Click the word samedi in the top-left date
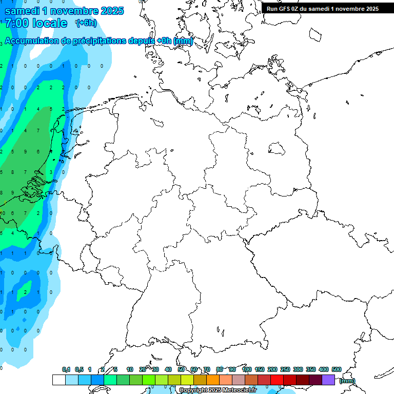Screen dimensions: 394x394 22,11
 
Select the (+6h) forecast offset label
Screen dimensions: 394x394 86,23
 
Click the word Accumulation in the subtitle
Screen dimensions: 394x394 31,41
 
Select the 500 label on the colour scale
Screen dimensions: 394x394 337,369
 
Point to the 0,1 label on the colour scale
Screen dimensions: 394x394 66,369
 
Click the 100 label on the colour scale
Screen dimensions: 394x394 246,369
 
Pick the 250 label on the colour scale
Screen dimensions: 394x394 285,369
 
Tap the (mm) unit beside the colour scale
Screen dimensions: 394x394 347,381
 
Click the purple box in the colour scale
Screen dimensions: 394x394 328,380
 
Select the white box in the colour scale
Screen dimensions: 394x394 58,380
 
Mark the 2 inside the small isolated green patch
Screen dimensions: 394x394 26,292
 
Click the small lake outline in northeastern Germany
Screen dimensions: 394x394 277,149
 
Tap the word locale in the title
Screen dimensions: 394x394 51,23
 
